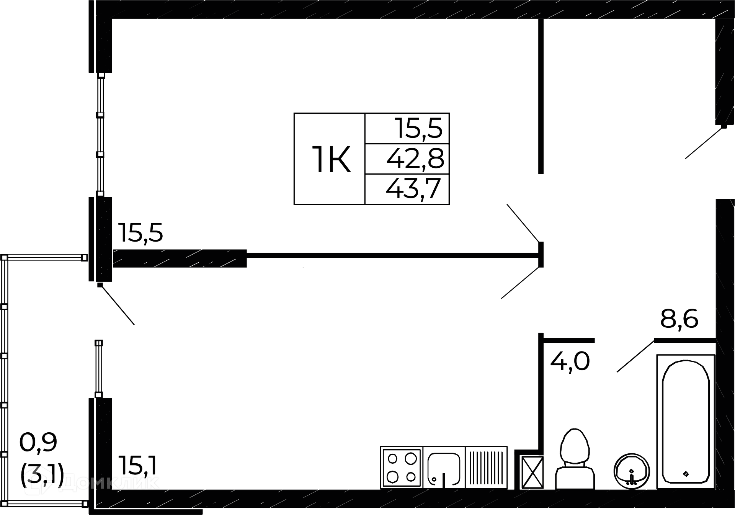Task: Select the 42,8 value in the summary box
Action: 415,159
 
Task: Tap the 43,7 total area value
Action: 413,189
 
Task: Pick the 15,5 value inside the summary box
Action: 419,128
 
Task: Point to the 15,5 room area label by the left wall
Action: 140,233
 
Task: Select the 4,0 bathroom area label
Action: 570,361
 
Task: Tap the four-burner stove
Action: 402,468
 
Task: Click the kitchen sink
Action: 444,468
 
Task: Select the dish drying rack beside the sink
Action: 486,468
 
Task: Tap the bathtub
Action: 685,421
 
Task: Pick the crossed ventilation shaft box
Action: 532,472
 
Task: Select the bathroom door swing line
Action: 635,356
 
